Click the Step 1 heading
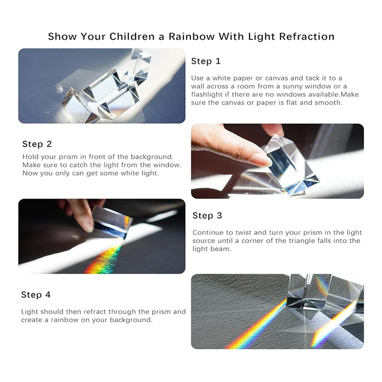pyautogui.click(x=206, y=61)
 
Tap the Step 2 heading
pyautogui.click(x=37, y=144)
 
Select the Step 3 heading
pyautogui.click(x=207, y=216)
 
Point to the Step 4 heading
pyautogui.click(x=36, y=295)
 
